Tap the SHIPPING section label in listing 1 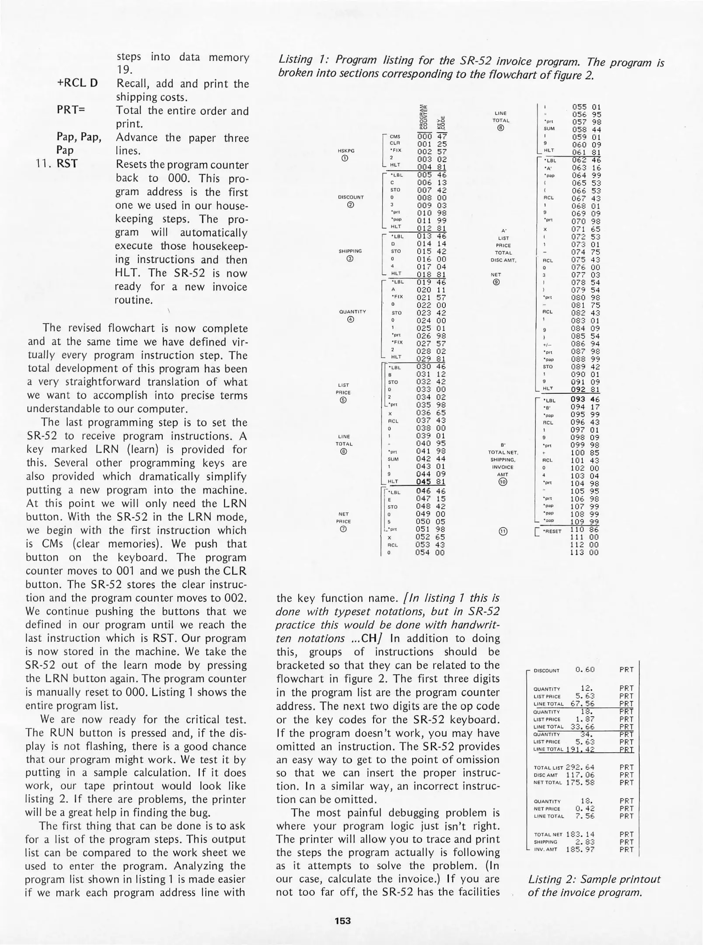(350, 251)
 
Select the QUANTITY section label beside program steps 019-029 (352, 312)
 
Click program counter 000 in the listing (424, 136)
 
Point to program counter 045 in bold (424, 482)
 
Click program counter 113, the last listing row (578, 553)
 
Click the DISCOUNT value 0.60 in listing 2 (585, 670)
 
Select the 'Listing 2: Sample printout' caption (594, 879)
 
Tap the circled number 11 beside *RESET (503, 532)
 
